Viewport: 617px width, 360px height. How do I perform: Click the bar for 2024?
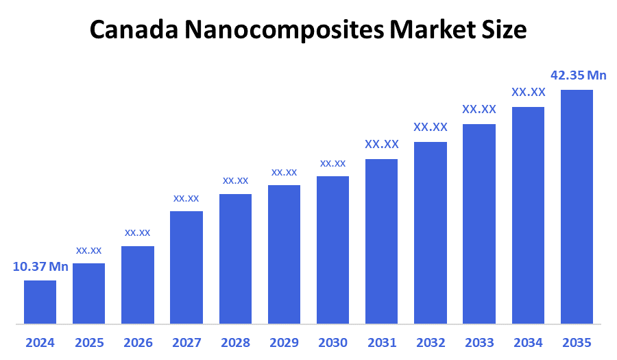pos(40,302)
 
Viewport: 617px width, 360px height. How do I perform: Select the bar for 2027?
pos(186,267)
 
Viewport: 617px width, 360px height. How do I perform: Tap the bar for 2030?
pos(332,250)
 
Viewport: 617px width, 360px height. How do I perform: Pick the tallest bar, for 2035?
pos(577,206)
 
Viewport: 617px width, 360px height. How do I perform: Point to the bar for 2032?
pos(431,232)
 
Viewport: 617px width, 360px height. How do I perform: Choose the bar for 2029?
pos(284,254)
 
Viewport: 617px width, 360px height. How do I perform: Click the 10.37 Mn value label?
pos(40,267)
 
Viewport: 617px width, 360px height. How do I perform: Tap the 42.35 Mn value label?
pos(579,75)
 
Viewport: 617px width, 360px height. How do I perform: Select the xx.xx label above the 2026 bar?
pos(137,232)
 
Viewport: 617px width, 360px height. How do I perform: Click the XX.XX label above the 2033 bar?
pos(479,109)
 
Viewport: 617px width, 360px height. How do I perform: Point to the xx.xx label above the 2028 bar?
pos(235,180)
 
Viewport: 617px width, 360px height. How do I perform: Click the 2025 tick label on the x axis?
pos(89,342)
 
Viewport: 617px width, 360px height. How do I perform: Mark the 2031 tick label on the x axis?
pos(382,342)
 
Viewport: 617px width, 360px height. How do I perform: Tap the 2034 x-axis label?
pos(528,342)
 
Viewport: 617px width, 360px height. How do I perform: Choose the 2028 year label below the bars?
pos(235,342)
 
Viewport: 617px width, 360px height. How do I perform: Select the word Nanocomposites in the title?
pos(280,29)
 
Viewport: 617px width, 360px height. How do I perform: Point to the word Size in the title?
pos(504,29)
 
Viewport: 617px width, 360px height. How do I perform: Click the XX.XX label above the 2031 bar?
pos(382,144)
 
